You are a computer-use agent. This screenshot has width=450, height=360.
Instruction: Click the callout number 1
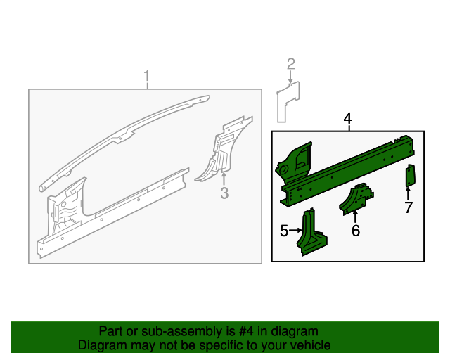[x=147, y=76]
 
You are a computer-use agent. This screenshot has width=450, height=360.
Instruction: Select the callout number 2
[x=291, y=64]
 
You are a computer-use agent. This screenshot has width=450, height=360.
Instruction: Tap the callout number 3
[x=224, y=193]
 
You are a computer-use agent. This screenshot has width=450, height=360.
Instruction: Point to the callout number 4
[x=347, y=118]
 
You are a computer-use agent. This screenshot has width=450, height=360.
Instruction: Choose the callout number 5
[x=284, y=231]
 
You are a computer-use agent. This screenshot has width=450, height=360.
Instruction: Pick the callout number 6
[x=356, y=231]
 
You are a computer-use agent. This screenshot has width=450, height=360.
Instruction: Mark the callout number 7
[x=409, y=207]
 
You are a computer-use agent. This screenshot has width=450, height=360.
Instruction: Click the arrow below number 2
[x=290, y=77]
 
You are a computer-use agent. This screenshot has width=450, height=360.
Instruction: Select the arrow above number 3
[x=224, y=177]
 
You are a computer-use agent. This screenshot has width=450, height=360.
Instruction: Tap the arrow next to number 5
[x=295, y=230]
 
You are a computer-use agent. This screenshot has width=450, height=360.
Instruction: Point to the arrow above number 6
[x=355, y=217]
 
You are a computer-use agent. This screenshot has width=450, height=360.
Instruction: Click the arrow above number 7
[x=408, y=193]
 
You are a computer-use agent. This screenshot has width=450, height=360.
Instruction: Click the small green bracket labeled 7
[x=410, y=175]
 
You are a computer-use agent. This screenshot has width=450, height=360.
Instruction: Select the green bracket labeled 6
[x=356, y=199]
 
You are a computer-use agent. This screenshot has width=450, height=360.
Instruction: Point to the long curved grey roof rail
[x=124, y=137]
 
